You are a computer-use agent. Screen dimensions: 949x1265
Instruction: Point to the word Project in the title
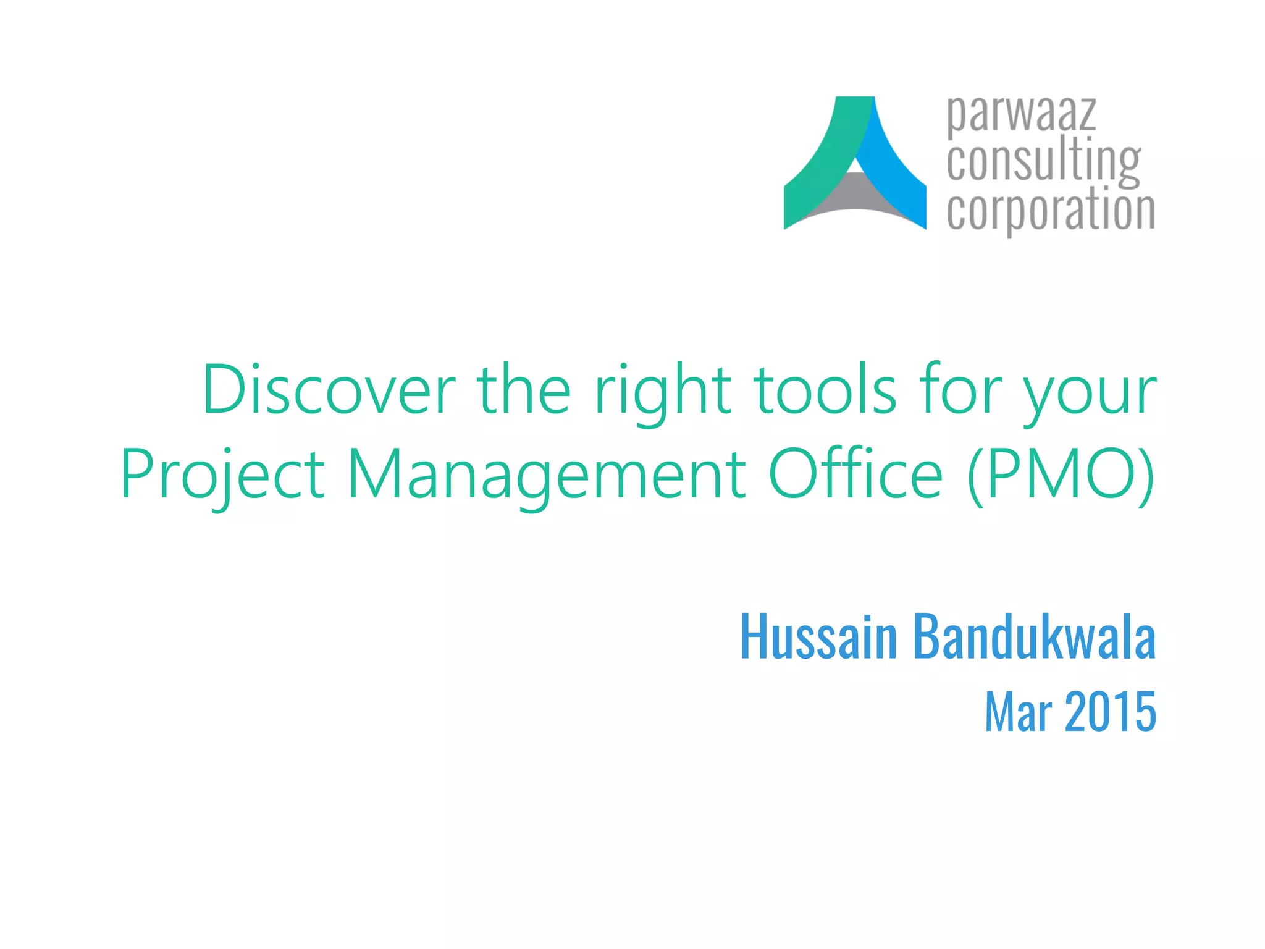click(222, 476)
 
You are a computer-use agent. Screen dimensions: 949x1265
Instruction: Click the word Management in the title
click(546, 476)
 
